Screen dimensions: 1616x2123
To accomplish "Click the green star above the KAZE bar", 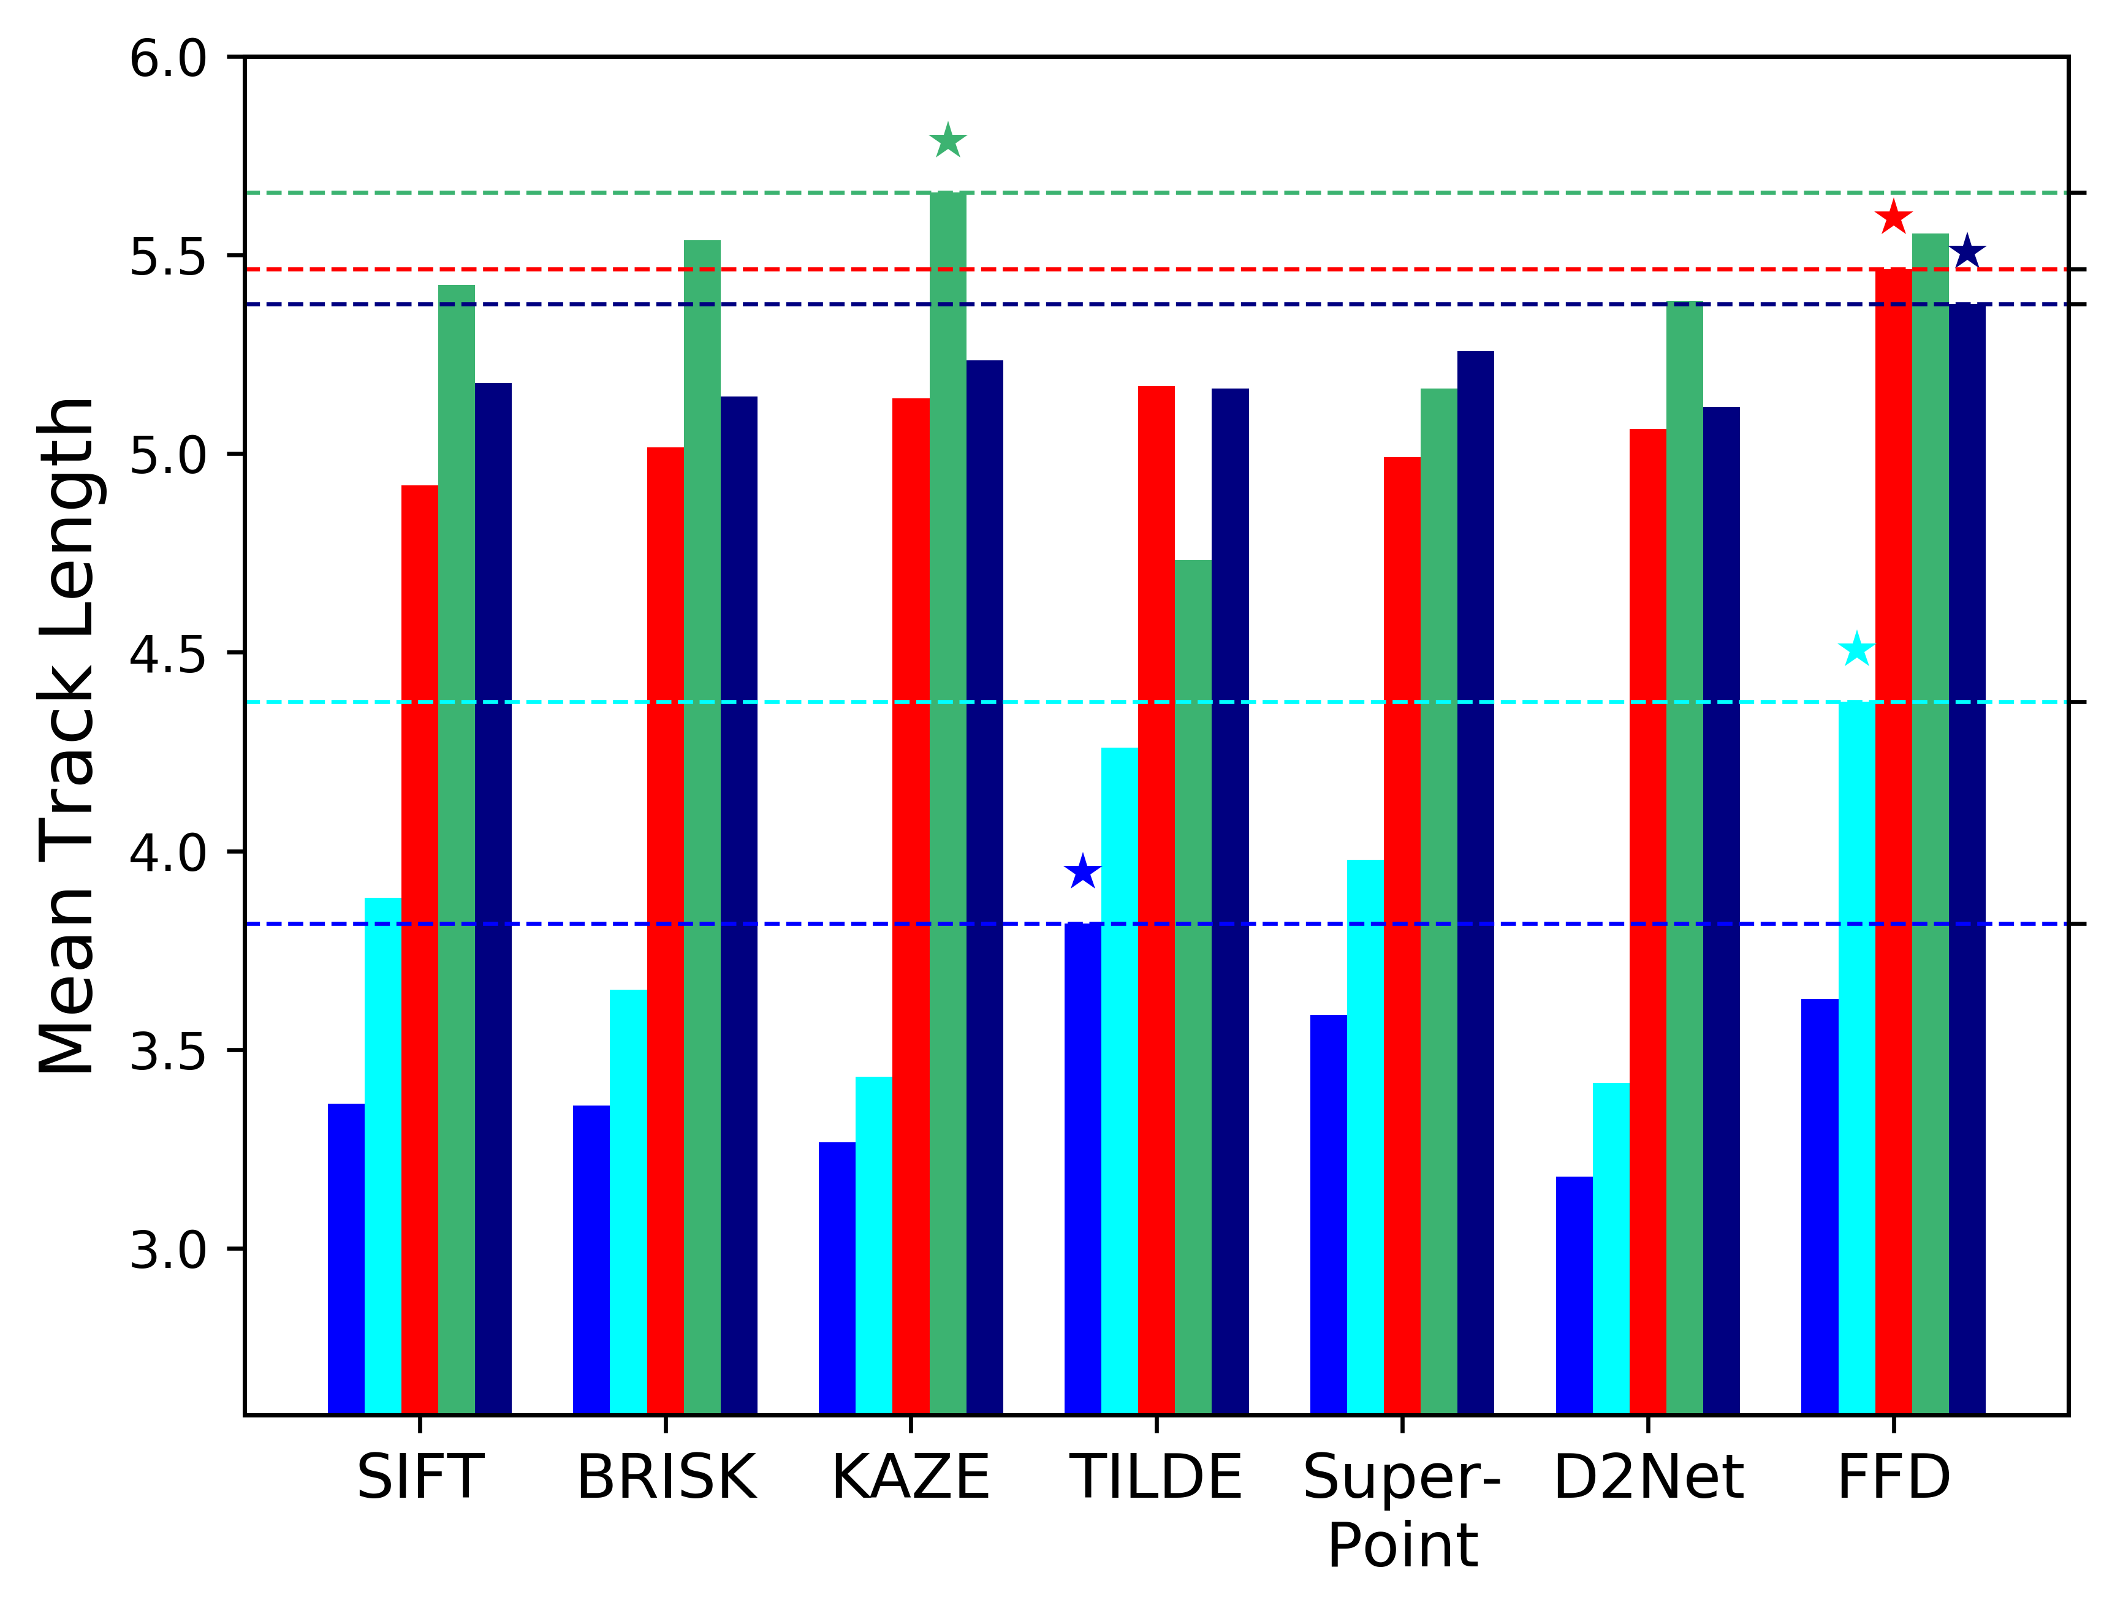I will [x=948, y=142].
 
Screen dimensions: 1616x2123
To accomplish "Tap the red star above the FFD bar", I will [x=1893, y=218].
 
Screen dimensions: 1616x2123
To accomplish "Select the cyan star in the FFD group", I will [x=1856, y=650].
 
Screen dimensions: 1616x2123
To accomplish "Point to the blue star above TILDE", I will [x=1083, y=873].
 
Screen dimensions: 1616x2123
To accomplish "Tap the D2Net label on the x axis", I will [x=1648, y=1479].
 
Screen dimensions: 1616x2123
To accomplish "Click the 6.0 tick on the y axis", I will [x=169, y=59].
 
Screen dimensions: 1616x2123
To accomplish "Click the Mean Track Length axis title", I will [x=67, y=736].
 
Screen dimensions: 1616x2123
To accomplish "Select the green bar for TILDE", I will [x=1193, y=986].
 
